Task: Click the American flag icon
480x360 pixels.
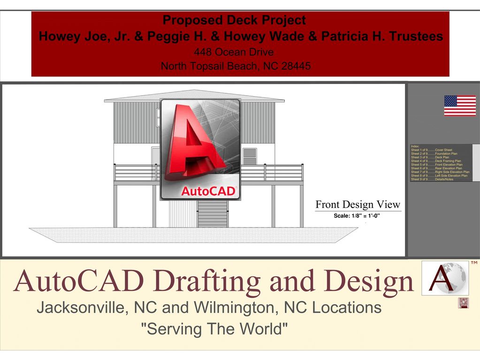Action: pos(460,105)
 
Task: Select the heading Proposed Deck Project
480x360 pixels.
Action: pos(234,20)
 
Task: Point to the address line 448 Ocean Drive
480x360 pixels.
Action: pos(234,52)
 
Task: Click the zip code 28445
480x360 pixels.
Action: pos(296,66)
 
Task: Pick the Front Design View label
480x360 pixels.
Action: pos(358,205)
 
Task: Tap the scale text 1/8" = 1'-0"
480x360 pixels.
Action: pos(357,216)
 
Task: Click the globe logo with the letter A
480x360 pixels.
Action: pos(445,278)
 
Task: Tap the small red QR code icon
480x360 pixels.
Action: pos(464,303)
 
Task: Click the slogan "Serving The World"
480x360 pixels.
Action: pos(214,329)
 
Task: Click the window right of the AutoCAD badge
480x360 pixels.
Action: pos(250,156)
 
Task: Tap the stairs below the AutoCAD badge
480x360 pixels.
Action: pos(213,214)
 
